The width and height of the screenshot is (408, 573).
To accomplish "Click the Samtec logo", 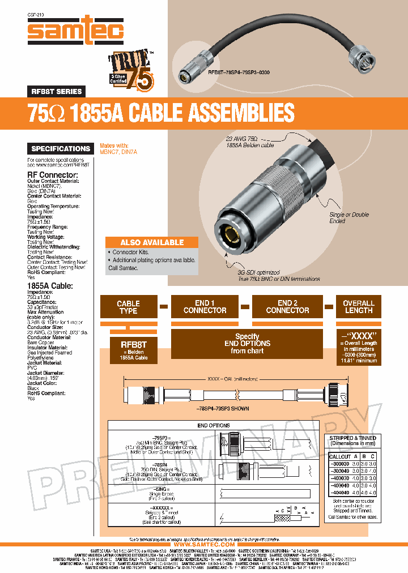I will coord(75,31).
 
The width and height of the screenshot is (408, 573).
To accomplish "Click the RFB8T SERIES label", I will coord(56,91).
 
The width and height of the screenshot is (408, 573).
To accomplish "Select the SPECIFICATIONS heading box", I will coord(61,149).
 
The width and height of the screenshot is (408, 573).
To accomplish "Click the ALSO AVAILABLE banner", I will coord(152,242).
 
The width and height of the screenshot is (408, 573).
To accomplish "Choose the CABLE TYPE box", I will coord(128,307).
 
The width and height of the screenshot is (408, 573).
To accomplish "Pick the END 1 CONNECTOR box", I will coord(205,307).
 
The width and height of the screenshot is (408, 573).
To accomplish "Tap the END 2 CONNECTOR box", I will coord(287,307).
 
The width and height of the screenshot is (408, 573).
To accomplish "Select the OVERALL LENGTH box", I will coord(359,307).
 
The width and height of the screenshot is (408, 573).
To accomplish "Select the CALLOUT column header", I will coord(340,456).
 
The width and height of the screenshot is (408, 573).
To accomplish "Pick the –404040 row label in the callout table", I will coord(339,493).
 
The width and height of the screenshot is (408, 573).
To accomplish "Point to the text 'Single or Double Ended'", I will coord(349,218).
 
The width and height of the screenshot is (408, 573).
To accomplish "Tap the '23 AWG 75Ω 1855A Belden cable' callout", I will coord(242,142).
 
